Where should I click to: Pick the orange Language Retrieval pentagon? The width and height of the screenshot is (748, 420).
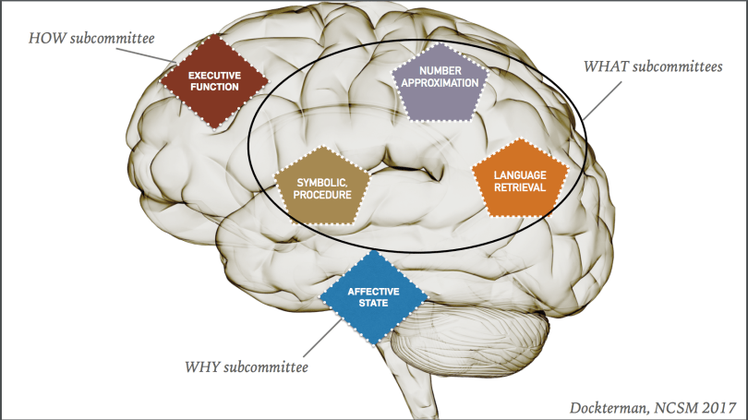tap(519, 181)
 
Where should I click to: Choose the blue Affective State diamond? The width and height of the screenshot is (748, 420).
tap(373, 296)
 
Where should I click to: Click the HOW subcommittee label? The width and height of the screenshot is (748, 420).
tap(90, 38)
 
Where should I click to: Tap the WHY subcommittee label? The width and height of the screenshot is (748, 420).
tap(245, 367)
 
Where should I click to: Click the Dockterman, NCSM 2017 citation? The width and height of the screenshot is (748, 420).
tap(658, 403)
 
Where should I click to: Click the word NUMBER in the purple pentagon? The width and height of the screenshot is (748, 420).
tap(439, 70)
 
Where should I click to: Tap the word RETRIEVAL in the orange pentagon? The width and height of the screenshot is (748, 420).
tap(519, 187)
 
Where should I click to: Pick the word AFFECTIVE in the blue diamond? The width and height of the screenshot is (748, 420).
tap(373, 292)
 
